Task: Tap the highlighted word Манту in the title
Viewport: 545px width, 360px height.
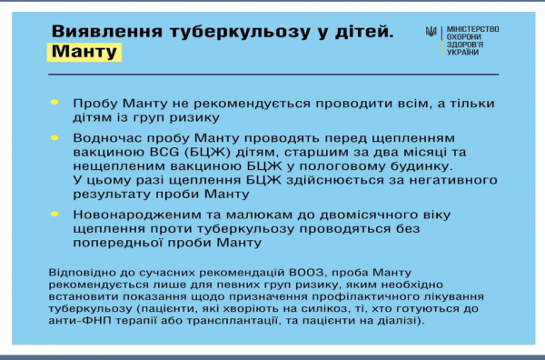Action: click(84, 52)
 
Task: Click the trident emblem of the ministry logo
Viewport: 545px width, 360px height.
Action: click(431, 32)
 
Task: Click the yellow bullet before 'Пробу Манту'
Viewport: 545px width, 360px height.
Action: click(54, 104)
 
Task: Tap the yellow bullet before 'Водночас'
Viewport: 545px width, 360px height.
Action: click(54, 139)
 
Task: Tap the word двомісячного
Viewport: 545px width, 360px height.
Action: click(365, 215)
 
